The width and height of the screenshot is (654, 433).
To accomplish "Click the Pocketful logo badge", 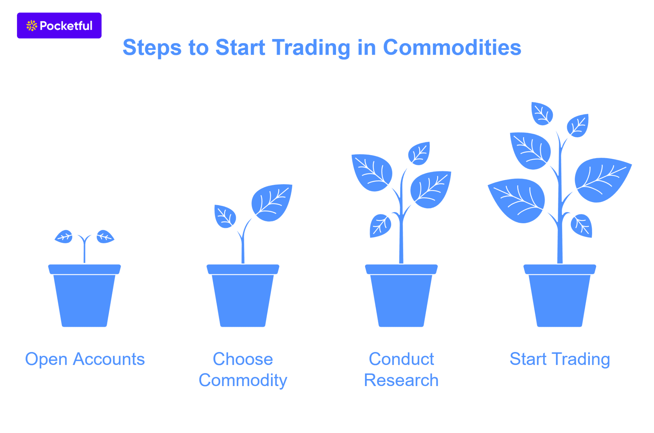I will tap(59, 26).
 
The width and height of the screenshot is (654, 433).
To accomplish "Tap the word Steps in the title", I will tap(152, 48).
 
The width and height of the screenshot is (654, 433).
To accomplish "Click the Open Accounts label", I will tap(85, 359).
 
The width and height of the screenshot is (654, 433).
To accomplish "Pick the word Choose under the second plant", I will tap(243, 359).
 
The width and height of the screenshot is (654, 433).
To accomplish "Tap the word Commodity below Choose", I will tap(243, 380).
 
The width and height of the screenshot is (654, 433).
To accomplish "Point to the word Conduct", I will tap(401, 359).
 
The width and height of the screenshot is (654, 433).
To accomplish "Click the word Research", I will tap(401, 380).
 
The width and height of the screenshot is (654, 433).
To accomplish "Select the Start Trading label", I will tap(559, 359).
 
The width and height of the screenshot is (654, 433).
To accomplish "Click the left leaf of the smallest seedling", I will tap(64, 237).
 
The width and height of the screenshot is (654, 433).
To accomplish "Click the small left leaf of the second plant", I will tap(225, 216).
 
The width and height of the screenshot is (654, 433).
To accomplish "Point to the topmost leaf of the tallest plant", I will tap(542, 114).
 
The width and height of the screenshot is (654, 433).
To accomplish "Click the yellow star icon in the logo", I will tap(32, 26).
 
